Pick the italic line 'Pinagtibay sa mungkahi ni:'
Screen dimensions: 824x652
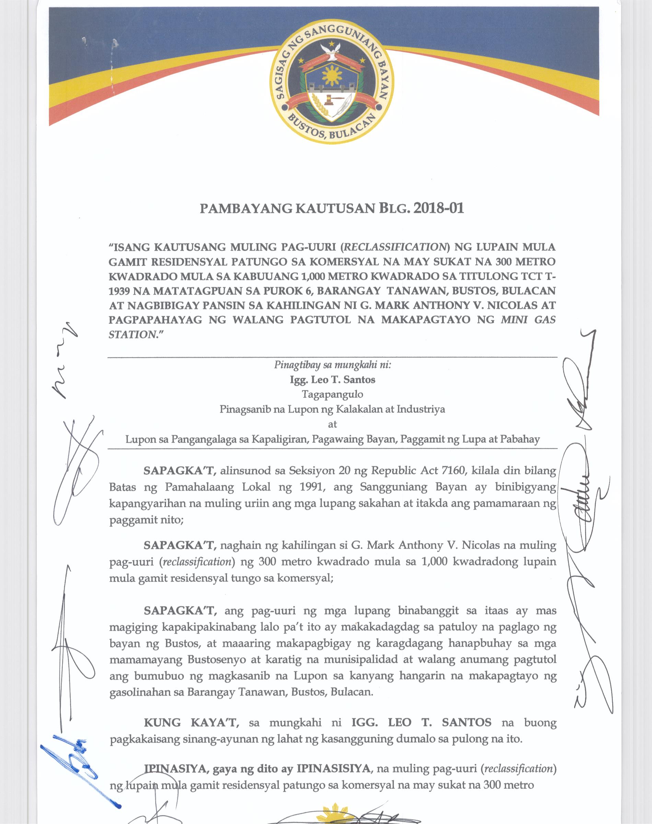(x=333, y=365)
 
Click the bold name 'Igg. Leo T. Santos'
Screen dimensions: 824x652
(x=333, y=379)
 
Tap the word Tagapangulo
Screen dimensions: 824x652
(x=333, y=394)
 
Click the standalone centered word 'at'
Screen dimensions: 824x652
(x=333, y=424)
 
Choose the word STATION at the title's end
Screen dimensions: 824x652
(x=132, y=334)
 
